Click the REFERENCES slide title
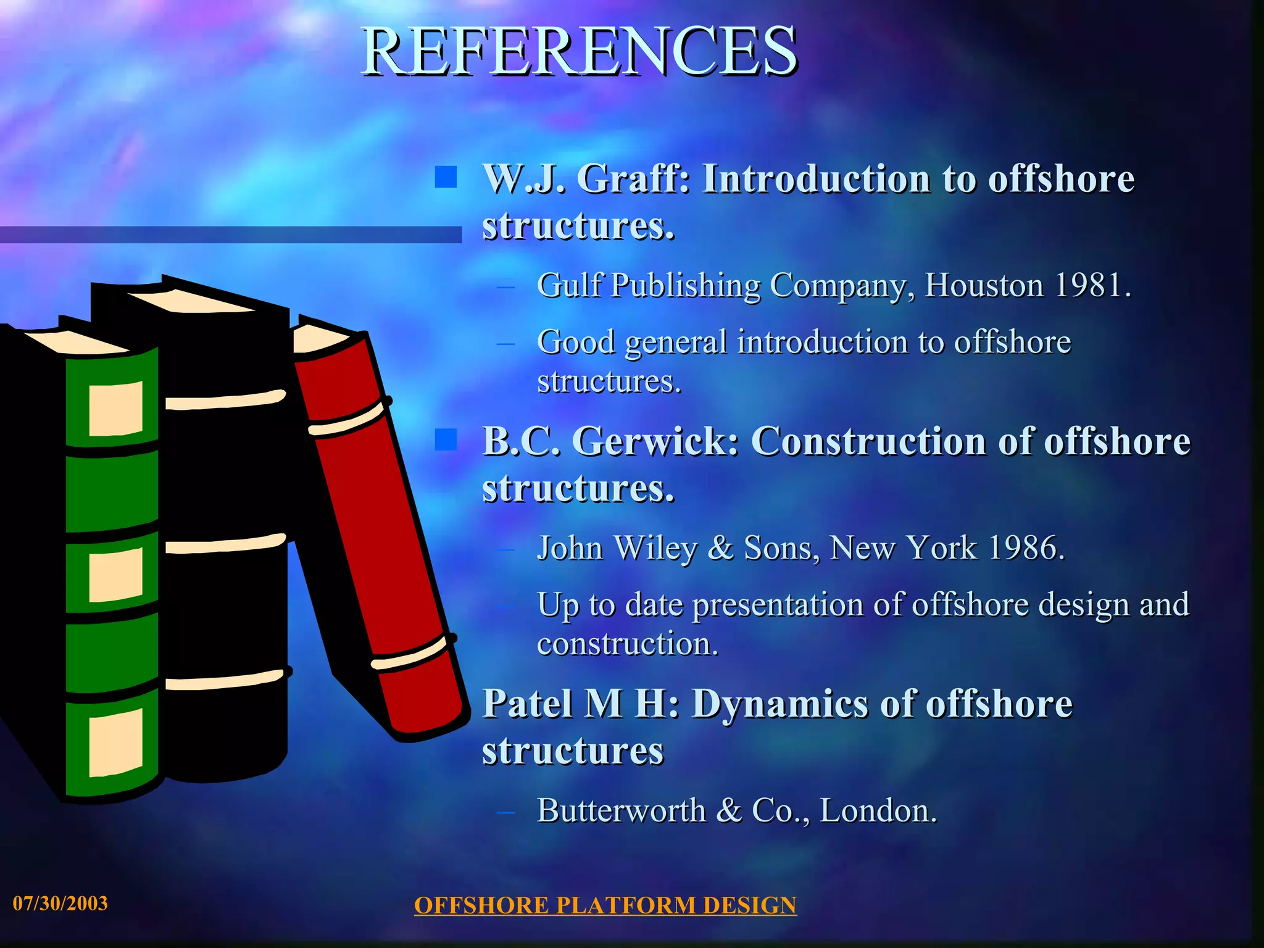coord(579,52)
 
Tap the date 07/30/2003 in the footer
coord(60,904)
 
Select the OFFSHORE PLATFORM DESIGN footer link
coord(605,905)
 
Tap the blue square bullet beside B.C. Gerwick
coord(445,439)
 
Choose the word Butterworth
coord(621,810)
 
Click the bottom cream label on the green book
coord(115,742)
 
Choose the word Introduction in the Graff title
coord(816,179)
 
